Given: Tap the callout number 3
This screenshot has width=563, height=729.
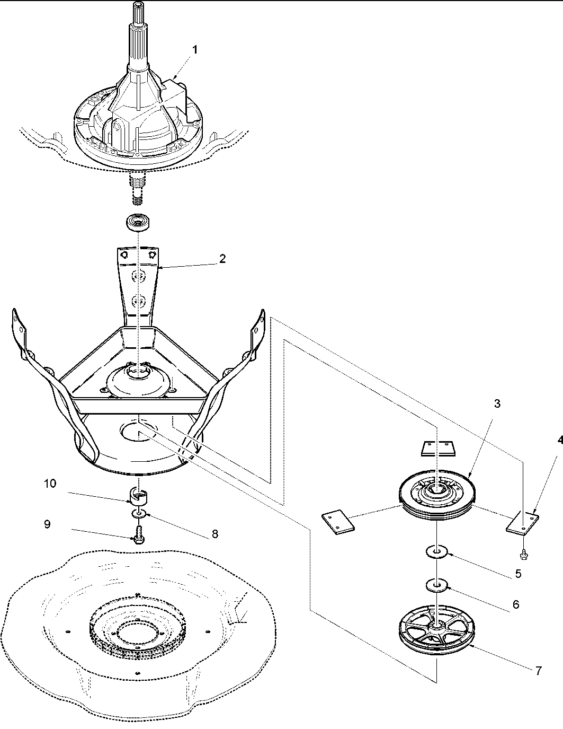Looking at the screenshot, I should point(497,403).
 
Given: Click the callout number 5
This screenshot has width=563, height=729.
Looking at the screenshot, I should point(518,573).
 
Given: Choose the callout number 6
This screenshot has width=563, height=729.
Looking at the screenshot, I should point(516,604).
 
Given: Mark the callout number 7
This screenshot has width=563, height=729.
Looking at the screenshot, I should point(538,670).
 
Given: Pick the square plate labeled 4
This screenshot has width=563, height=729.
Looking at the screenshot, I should point(522,522).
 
